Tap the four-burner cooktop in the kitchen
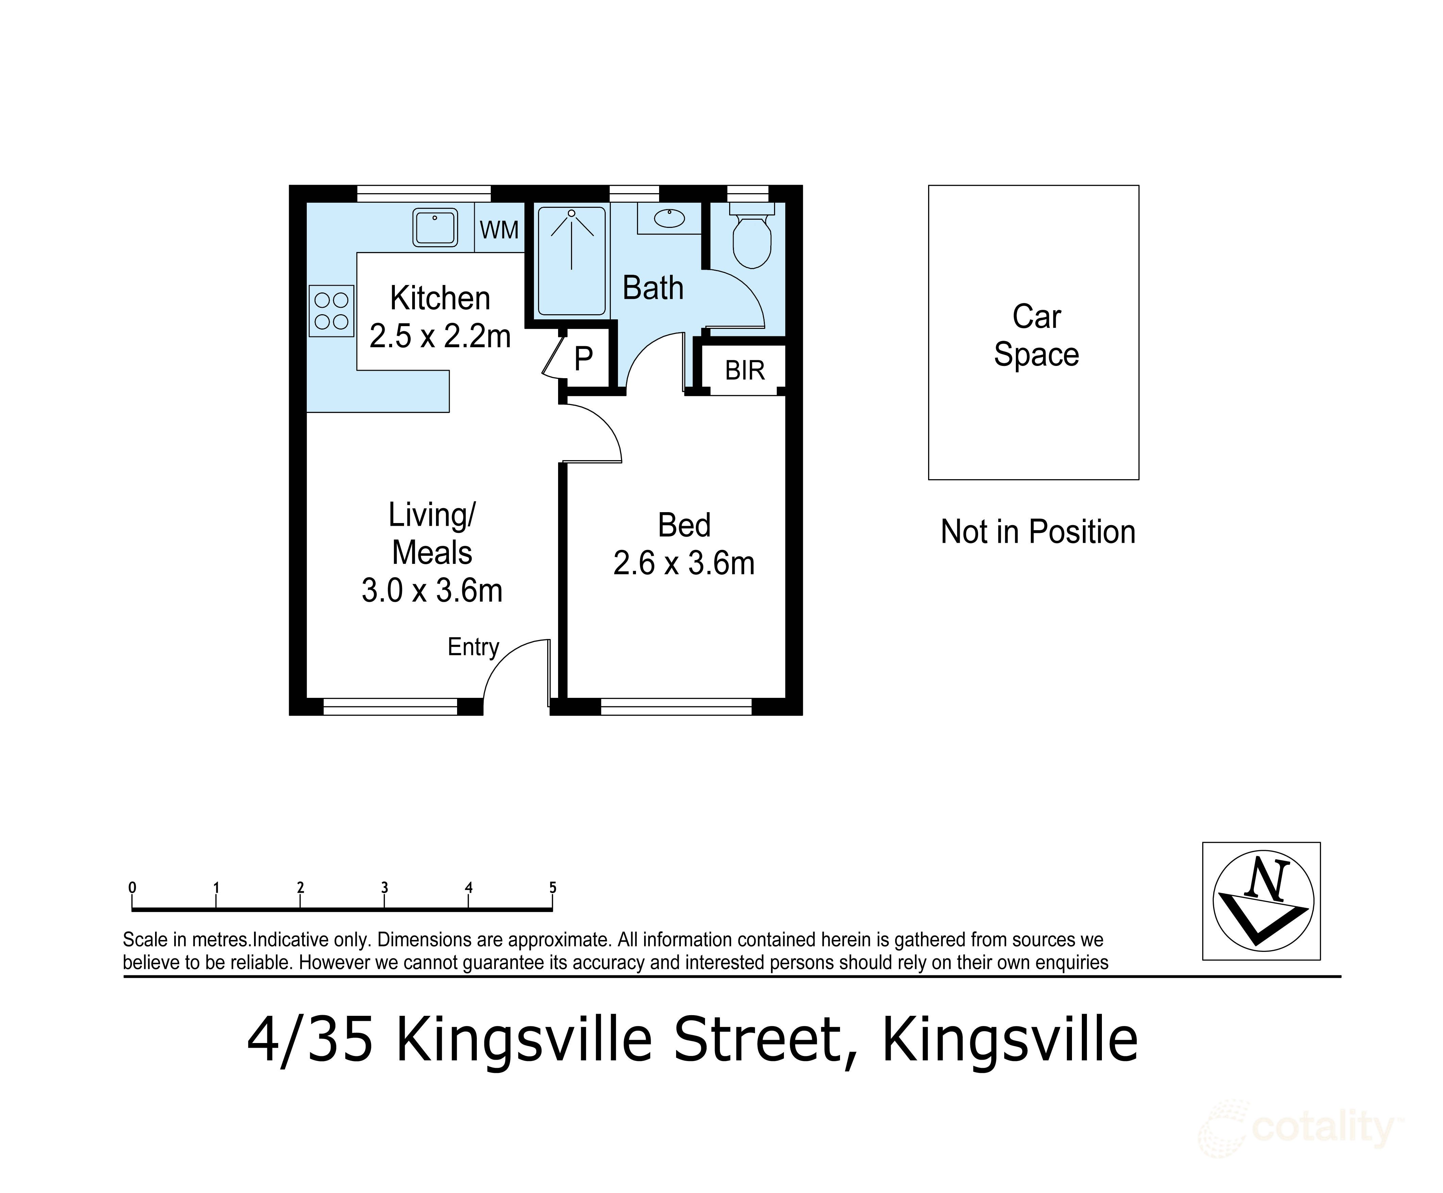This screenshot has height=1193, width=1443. pyautogui.click(x=331, y=310)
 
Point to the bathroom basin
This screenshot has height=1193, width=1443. pyautogui.click(x=669, y=219)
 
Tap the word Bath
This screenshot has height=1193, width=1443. pyautogui.click(x=653, y=288)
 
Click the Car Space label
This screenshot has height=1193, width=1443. pyautogui.click(x=1036, y=335)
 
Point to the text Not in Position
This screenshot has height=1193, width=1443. pyautogui.click(x=1038, y=532)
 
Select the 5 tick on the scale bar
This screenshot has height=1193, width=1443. pyautogui.click(x=552, y=899)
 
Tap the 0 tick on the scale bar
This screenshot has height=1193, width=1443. pyautogui.click(x=132, y=899)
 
